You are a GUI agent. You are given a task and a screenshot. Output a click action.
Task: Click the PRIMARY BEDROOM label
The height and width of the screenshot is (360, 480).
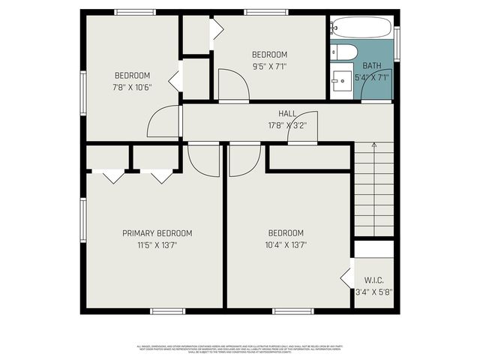tap(157, 233)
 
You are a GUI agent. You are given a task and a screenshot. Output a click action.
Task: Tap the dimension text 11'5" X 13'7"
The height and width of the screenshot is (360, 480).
tap(157, 244)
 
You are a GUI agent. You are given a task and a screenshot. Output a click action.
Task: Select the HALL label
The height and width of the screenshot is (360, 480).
tap(286, 113)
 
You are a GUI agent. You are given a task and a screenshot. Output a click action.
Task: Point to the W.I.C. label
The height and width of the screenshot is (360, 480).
tap(373, 280)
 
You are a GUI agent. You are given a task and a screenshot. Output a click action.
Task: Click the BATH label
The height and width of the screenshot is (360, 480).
tap(372, 66)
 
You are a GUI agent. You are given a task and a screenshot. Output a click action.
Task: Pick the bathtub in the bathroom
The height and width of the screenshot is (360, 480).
tap(360, 28)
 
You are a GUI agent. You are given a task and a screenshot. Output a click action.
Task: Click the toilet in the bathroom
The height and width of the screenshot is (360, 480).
tap(344, 52)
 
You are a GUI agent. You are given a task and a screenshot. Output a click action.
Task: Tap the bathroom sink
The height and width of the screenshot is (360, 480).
tap(342, 77)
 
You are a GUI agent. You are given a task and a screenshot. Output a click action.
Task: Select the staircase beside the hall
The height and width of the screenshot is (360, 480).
tap(373, 188)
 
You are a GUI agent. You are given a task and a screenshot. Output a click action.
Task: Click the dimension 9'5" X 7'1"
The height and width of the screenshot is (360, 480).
tap(269, 66)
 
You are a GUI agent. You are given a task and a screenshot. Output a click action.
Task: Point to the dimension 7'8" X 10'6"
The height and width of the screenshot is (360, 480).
tap(133, 87)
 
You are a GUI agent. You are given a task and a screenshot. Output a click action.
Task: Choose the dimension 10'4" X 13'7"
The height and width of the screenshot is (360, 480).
tap(286, 244)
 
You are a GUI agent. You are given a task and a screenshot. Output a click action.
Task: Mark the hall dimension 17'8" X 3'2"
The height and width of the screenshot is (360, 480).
tap(286, 125)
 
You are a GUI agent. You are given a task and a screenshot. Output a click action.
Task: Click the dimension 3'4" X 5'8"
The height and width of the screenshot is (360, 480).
tap(373, 292)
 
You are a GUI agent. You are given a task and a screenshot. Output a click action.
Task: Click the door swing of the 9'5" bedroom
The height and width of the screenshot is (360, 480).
tap(232, 84)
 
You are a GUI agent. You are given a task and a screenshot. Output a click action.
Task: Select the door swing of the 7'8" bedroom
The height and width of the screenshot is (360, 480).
tap(164, 122)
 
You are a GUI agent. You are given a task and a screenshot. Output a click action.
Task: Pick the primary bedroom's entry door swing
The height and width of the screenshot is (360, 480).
tap(203, 159)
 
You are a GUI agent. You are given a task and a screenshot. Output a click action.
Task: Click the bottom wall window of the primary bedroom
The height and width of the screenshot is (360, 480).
tap(167, 311)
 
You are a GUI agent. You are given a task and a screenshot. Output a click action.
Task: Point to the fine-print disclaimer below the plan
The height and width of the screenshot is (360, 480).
tap(240, 349)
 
